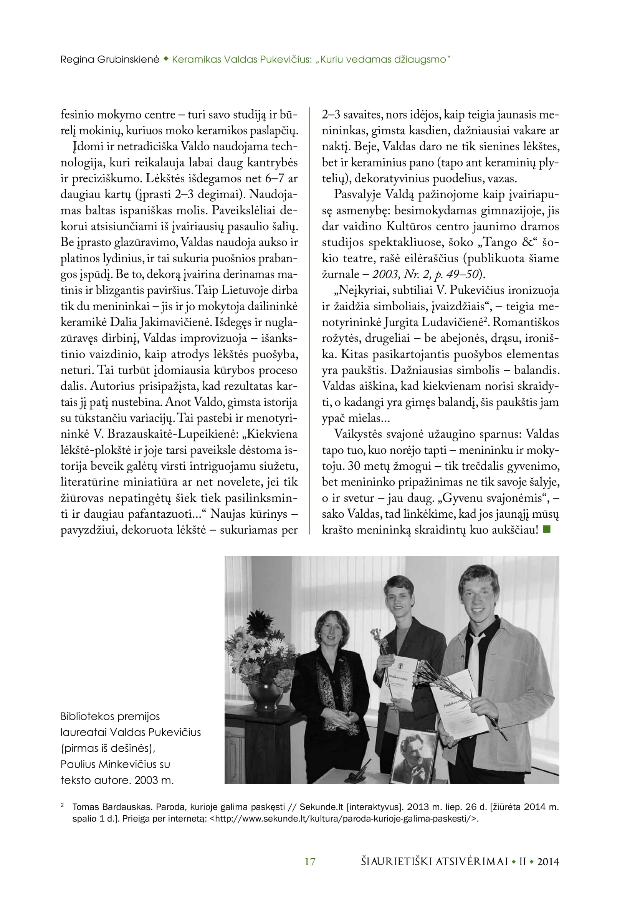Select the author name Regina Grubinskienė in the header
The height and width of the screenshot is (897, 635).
[110, 60]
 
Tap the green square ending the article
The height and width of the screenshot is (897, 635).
[547, 530]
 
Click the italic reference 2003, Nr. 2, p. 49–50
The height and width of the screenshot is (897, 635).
[425, 274]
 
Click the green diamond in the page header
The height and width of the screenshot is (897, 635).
[166, 59]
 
